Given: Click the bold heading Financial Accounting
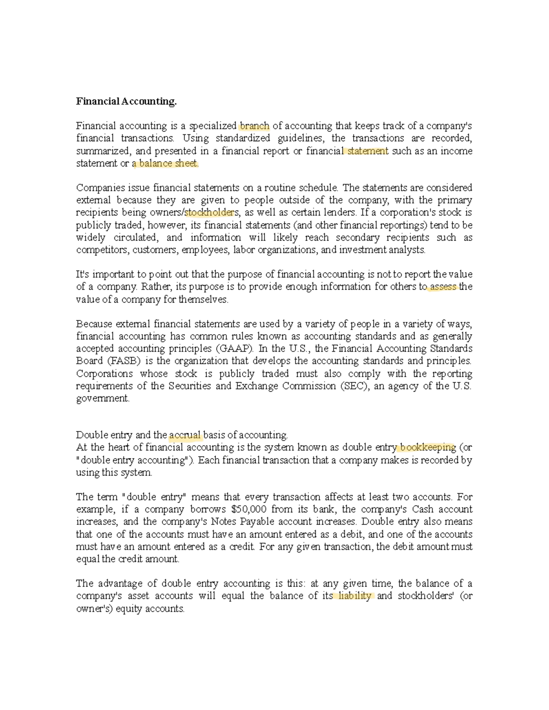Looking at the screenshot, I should point(126,101).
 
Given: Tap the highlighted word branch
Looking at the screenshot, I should point(254,126).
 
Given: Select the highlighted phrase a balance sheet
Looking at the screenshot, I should point(166,164).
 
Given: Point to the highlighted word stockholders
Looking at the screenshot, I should point(210,213).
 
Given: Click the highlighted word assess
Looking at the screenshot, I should point(443,287).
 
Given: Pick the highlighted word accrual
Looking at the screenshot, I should point(185,435).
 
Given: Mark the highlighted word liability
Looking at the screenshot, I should point(355,596).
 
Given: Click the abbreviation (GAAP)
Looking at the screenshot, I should point(234,349).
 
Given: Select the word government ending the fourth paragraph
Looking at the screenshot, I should point(102,399).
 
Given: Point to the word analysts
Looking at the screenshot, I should point(407,250).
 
